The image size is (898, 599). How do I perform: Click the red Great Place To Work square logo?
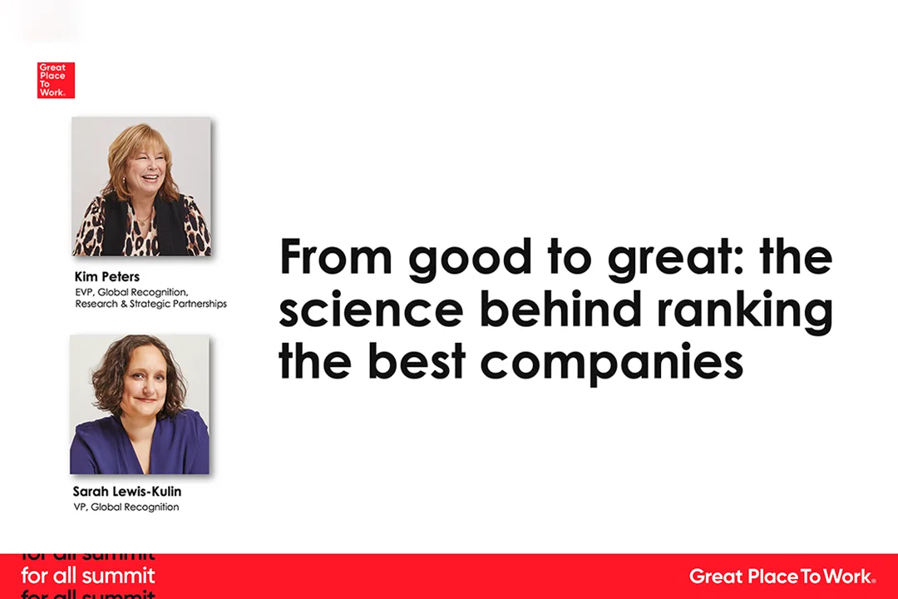56,80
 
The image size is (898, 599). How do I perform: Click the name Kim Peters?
107,277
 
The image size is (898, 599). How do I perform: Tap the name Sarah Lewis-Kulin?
127,491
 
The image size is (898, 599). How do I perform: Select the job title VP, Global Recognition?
126,507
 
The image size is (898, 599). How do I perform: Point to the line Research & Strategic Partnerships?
150,304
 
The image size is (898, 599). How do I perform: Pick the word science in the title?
371,310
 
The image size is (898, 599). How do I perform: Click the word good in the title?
471,259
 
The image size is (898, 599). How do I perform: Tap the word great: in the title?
678,259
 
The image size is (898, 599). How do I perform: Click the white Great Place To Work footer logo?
782,576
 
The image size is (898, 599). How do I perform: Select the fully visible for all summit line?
88,576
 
